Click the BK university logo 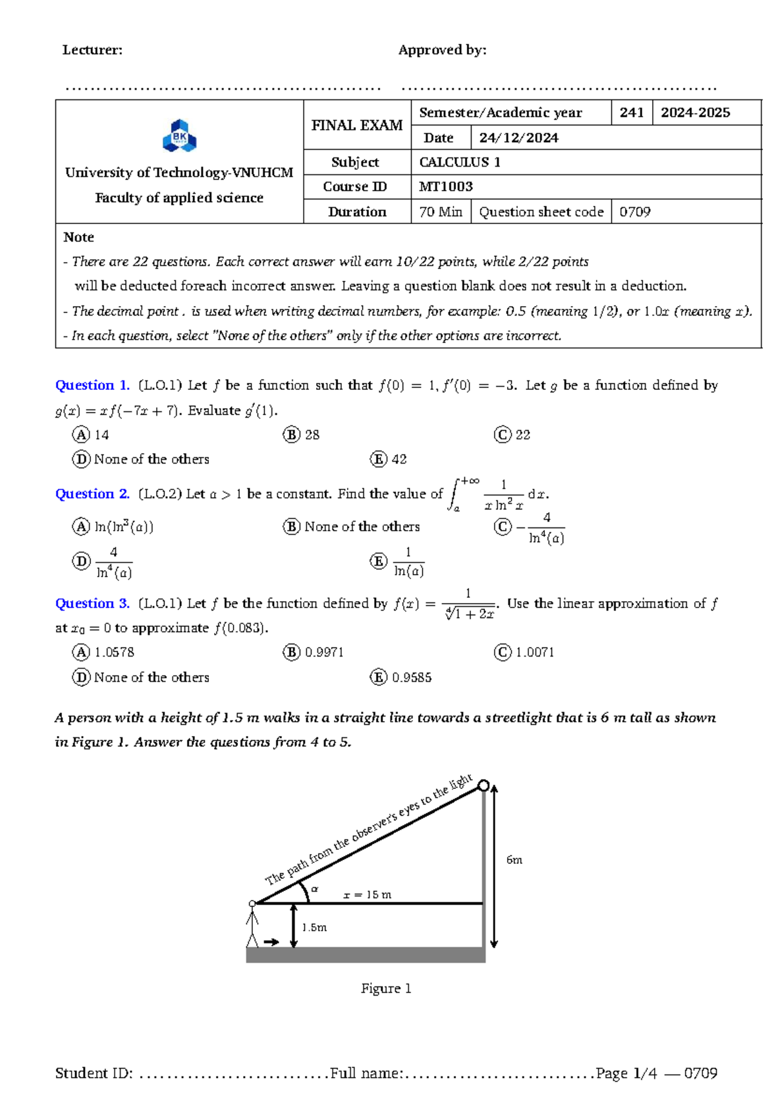(179, 136)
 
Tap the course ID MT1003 (446, 187)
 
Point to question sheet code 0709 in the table (635, 212)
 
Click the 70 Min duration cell (441, 212)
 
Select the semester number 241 (631, 112)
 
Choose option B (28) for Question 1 (301, 435)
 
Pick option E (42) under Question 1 (389, 459)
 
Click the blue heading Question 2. (92, 494)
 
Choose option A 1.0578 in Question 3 (104, 652)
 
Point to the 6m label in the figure (514, 860)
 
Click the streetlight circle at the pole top (483, 786)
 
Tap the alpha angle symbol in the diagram (315, 889)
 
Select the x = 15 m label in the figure (367, 895)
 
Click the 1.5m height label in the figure (314, 928)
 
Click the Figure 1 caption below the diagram (386, 988)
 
